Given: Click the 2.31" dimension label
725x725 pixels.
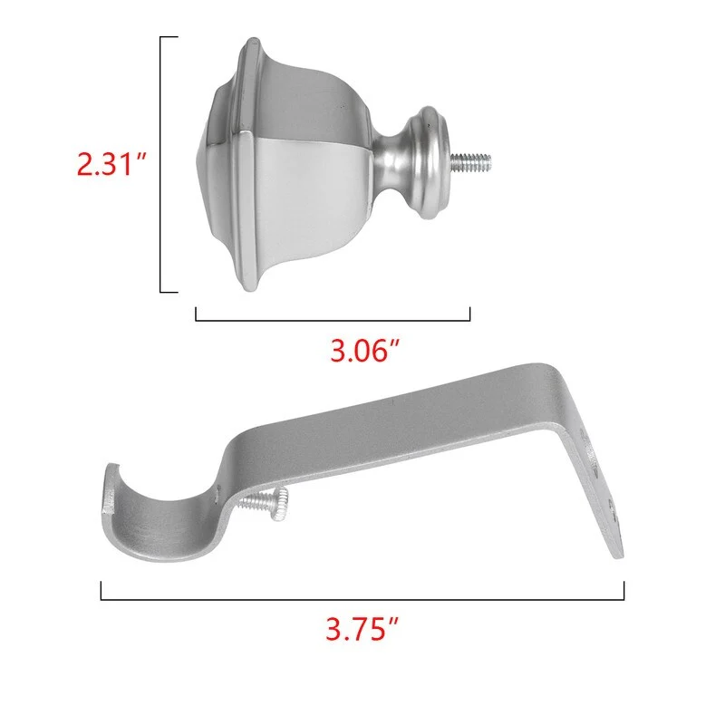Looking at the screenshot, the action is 111,164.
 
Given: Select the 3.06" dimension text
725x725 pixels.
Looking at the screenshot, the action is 364,351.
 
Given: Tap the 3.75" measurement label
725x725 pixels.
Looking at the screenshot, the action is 362,629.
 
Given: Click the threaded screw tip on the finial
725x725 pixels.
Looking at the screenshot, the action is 470,162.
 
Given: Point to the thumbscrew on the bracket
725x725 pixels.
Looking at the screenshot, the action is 266,503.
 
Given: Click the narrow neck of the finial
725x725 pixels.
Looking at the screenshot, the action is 390,162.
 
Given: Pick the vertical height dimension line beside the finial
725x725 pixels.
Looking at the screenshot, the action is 161,164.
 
